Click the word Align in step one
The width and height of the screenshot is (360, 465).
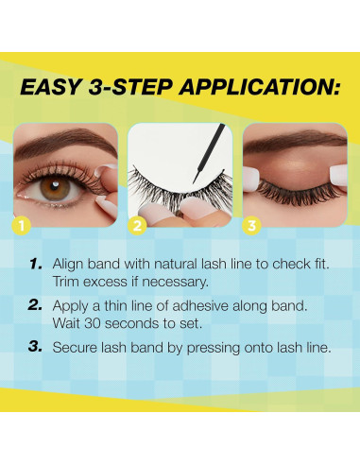click(x=68, y=265)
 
